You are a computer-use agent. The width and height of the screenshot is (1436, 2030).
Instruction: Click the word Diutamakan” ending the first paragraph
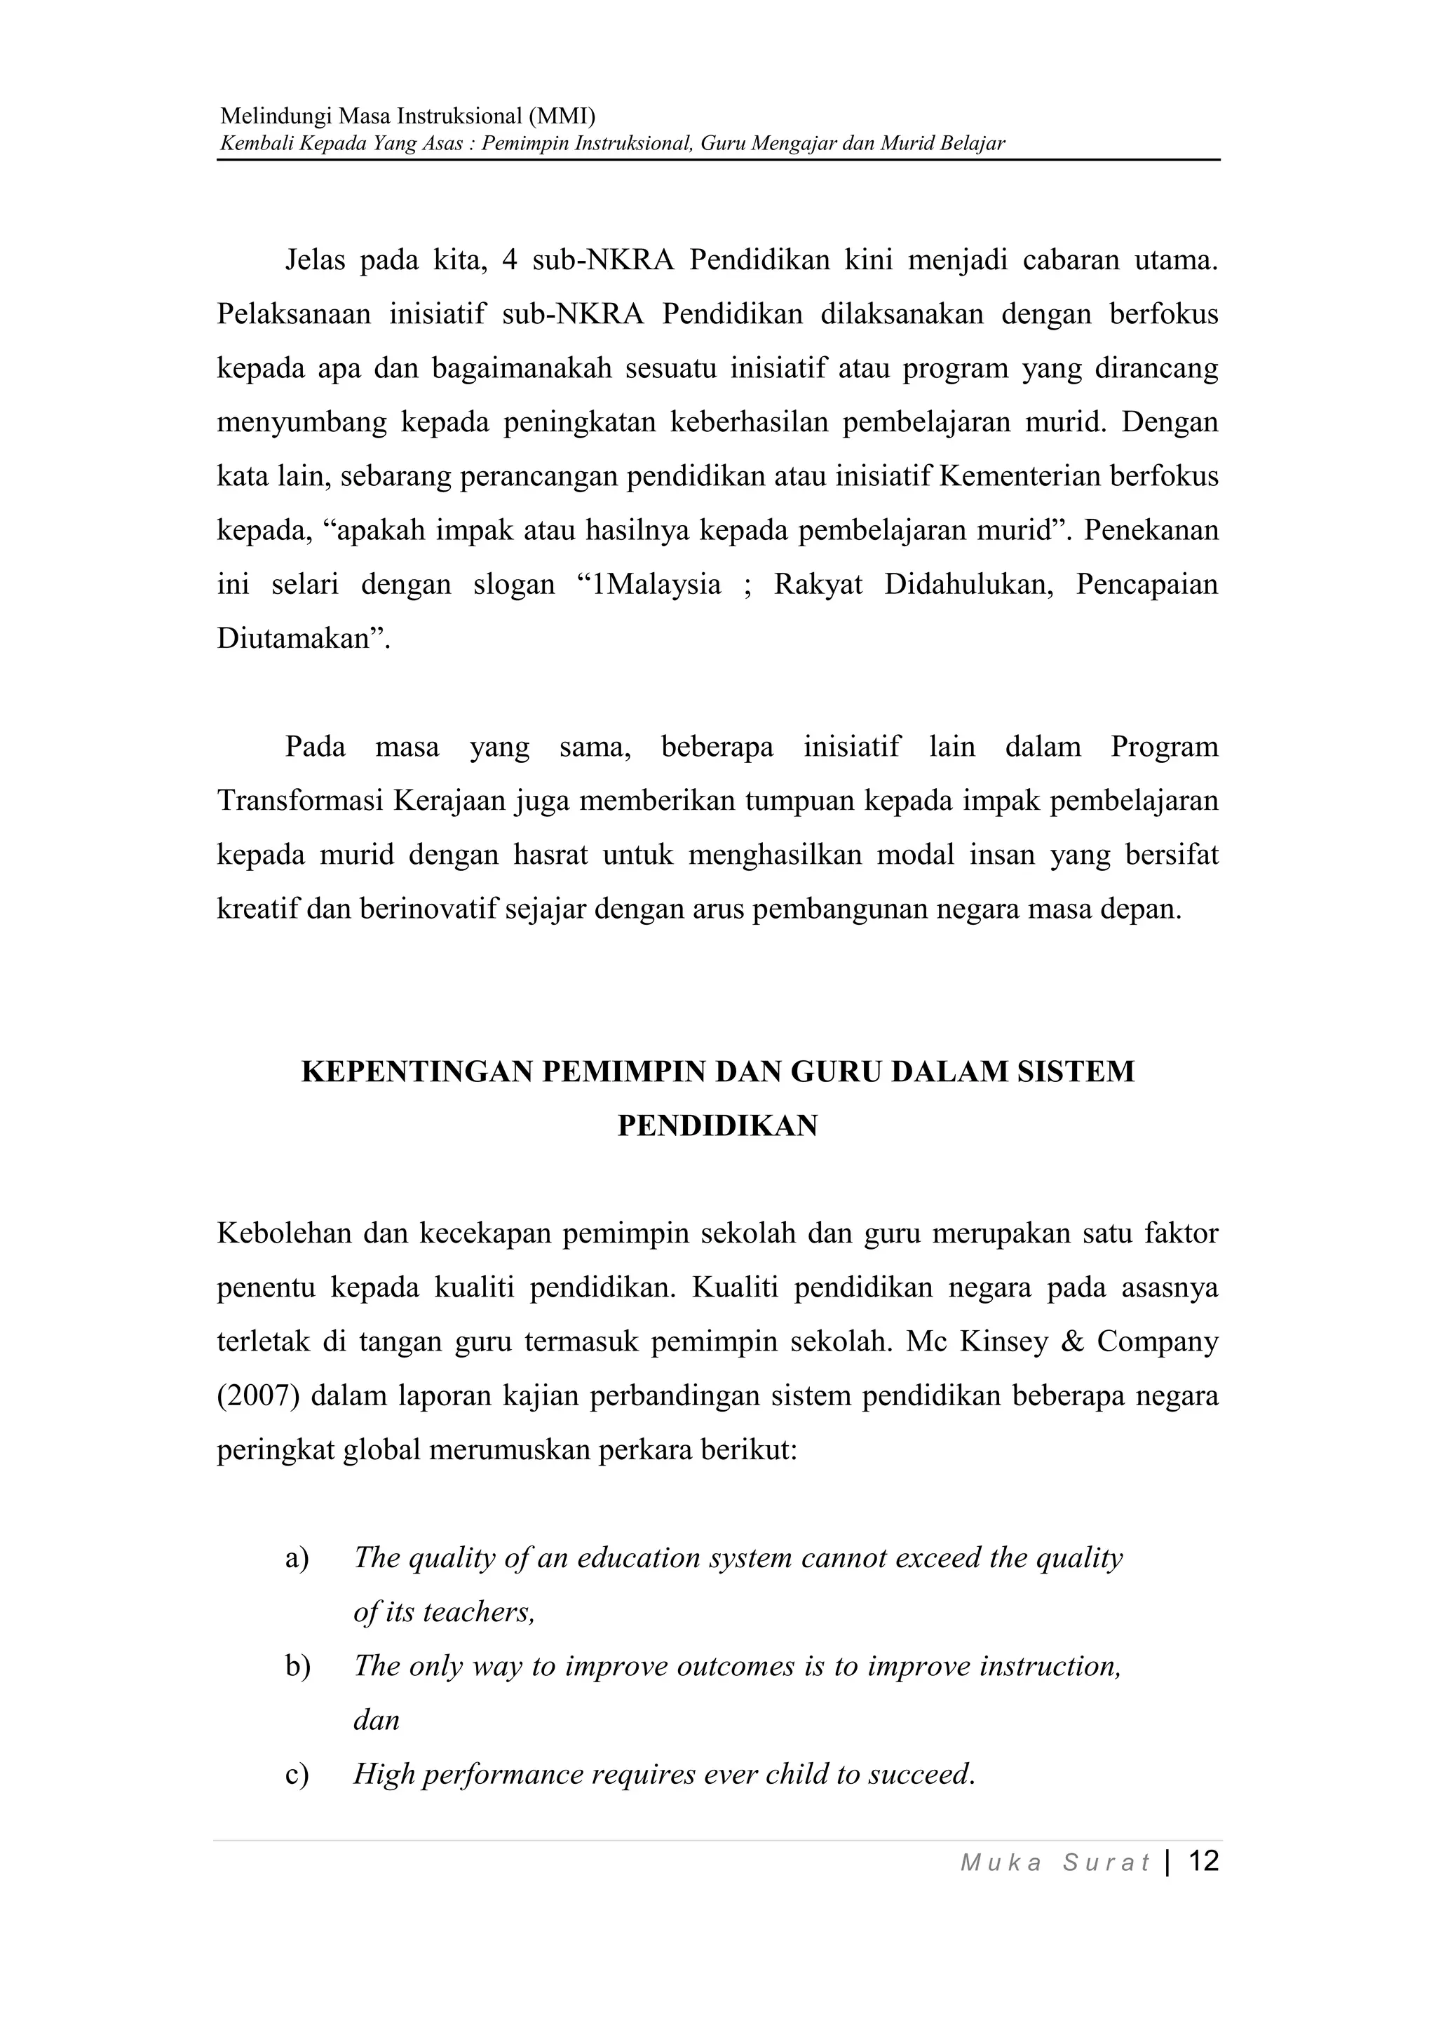[x=304, y=638]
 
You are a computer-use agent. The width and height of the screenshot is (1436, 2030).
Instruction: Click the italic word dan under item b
[x=377, y=1721]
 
